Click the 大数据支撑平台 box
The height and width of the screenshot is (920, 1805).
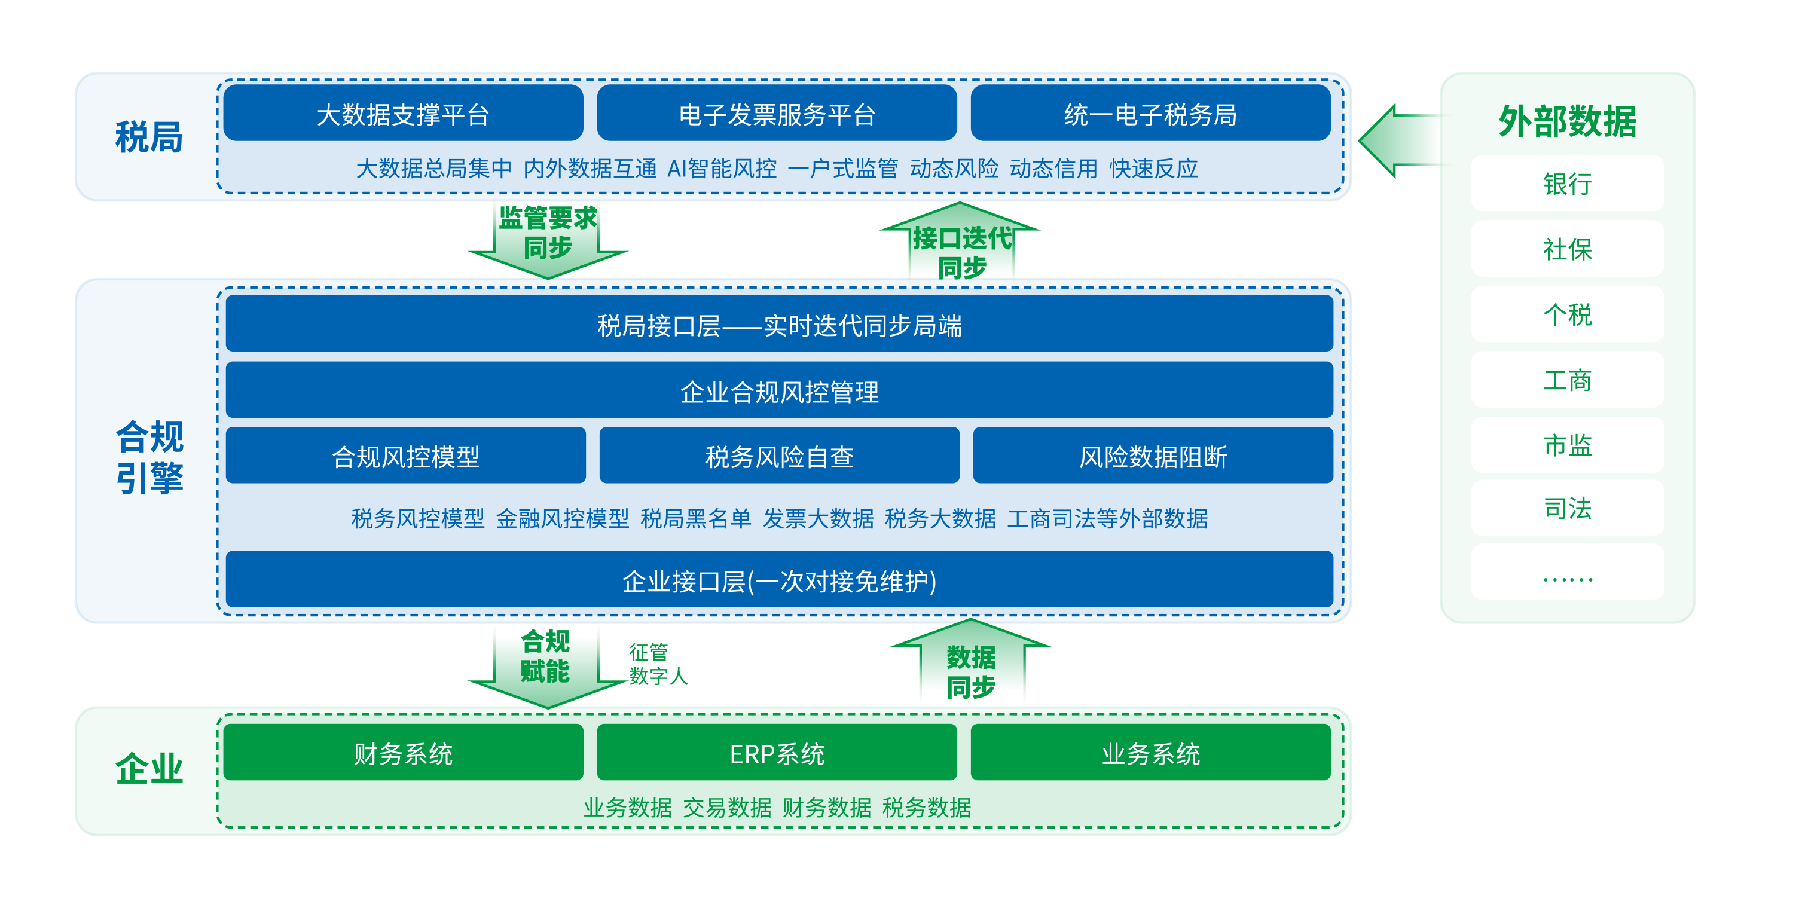404,113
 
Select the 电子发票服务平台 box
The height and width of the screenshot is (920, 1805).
777,113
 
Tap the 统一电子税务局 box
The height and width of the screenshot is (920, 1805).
1150,113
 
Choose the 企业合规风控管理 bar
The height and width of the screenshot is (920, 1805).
779,390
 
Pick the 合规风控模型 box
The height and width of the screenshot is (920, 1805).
406,455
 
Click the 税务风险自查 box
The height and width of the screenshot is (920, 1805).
779,455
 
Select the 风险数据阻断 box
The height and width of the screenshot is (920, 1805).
1153,455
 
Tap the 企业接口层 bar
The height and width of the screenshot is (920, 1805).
779,579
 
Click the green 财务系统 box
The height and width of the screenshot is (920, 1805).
404,752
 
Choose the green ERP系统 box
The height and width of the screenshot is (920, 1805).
777,752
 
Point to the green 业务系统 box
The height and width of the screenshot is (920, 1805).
1150,752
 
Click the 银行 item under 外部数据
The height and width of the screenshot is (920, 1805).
1568,183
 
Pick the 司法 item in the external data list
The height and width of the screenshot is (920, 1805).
1568,508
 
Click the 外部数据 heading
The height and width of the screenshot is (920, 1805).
1568,121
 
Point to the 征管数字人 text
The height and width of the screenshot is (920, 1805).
658,664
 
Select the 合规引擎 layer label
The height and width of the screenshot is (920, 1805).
149,457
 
